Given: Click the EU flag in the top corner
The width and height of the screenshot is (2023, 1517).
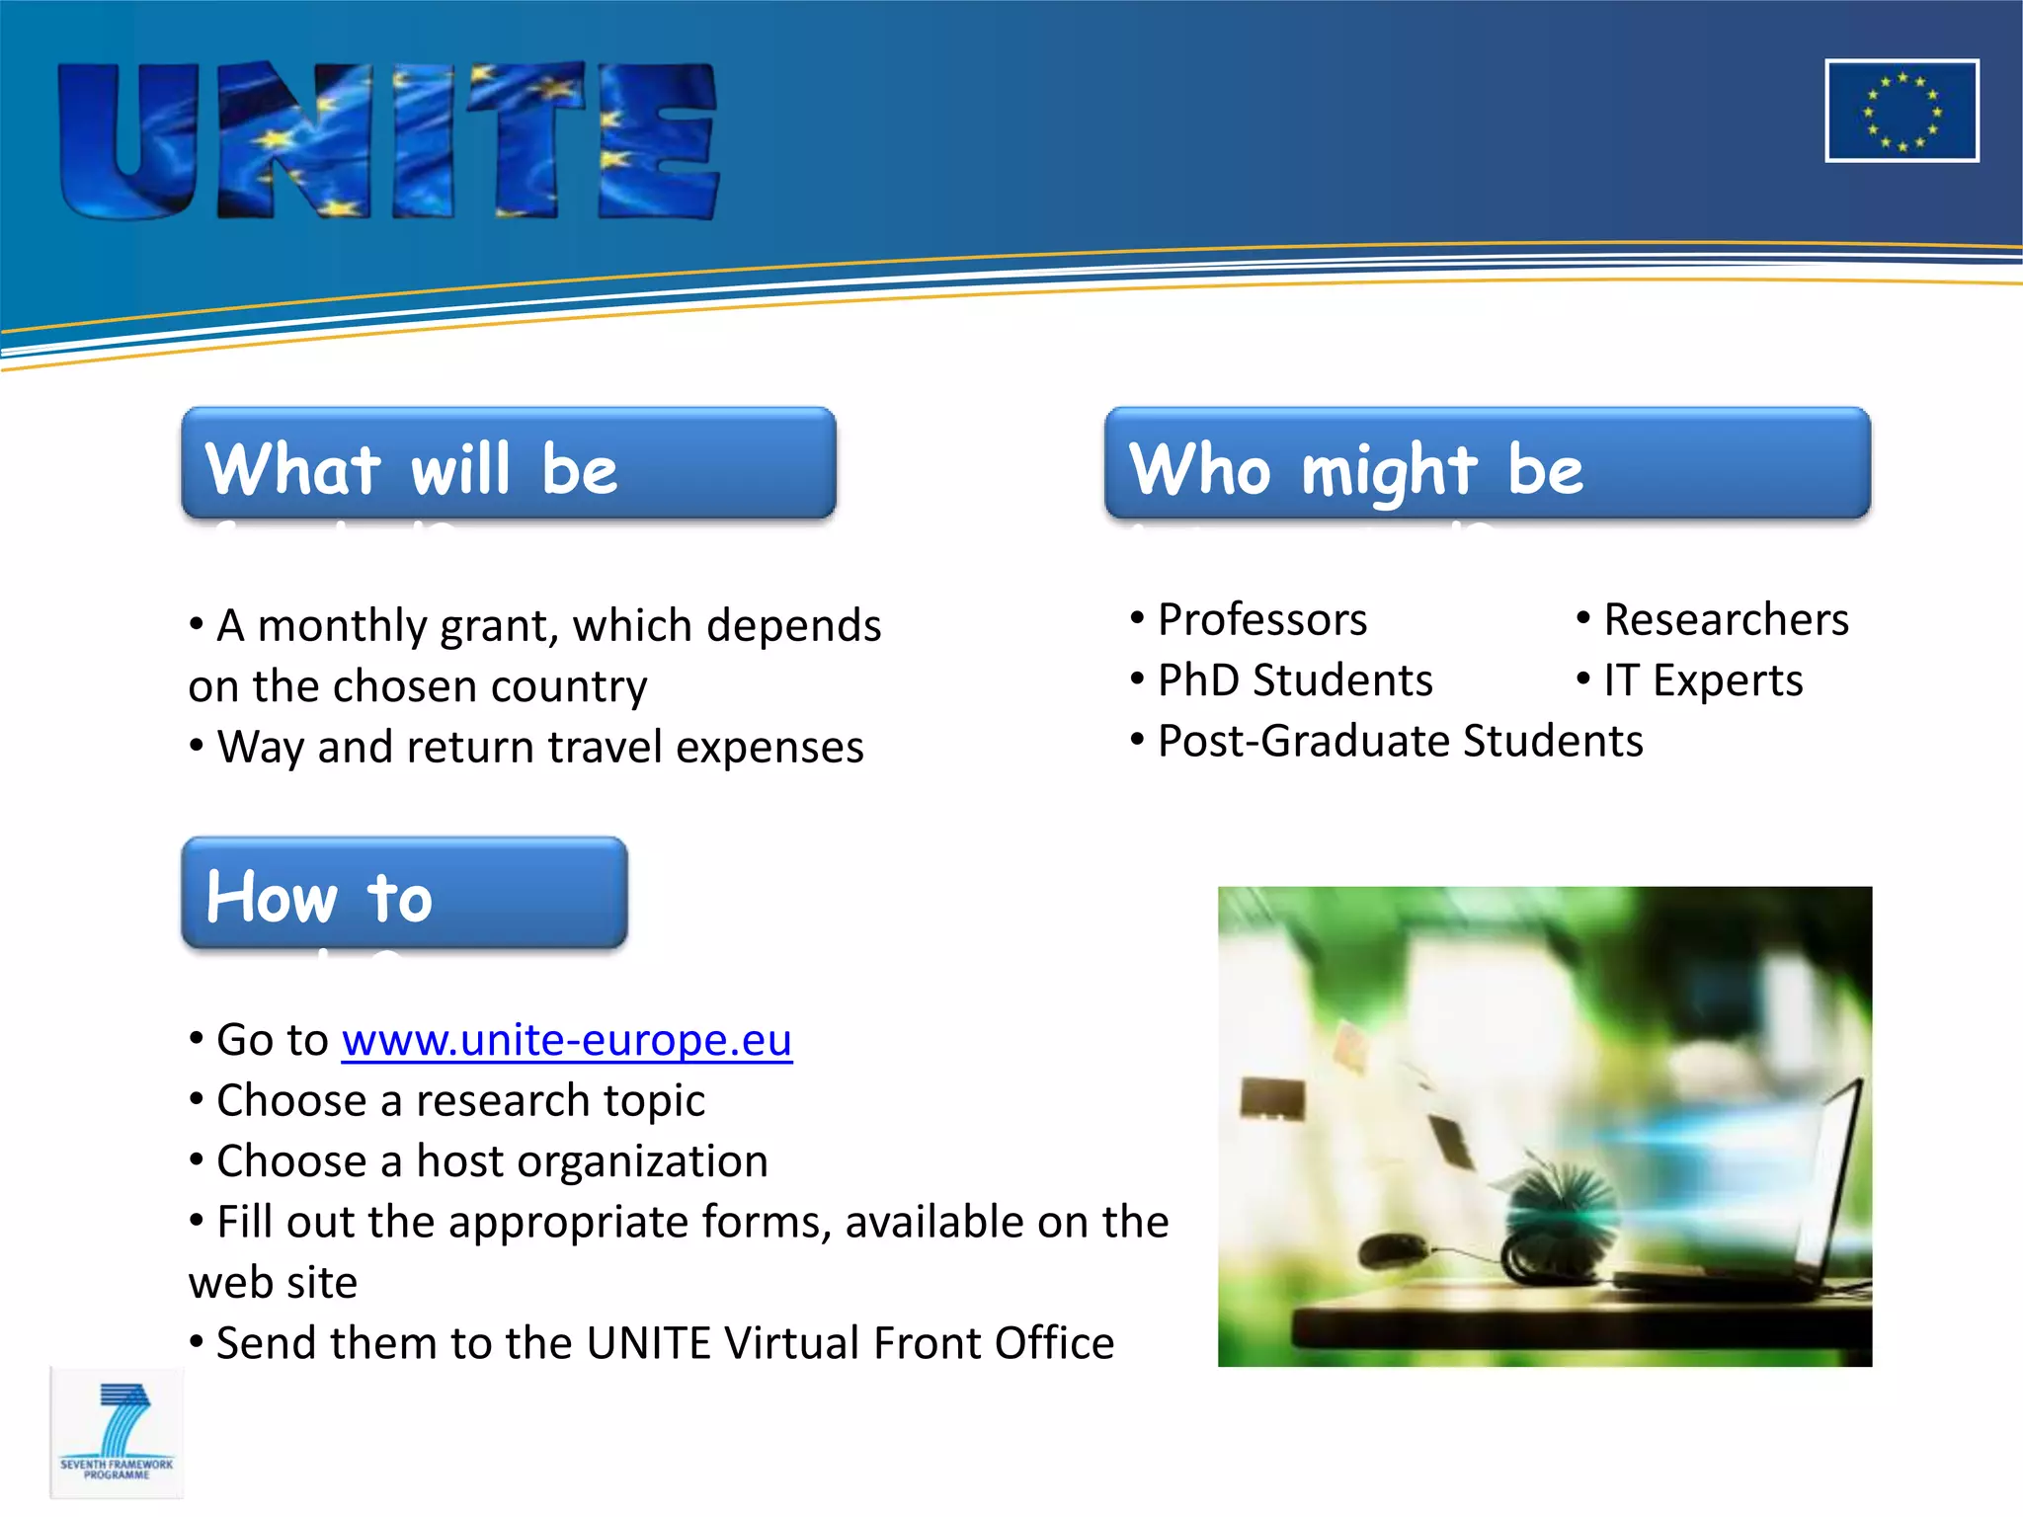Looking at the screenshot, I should click(x=1901, y=111).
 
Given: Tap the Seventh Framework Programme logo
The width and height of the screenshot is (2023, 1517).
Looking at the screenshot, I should click(x=117, y=1432).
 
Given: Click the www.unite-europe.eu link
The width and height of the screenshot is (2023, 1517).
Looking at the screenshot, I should click(x=566, y=1040).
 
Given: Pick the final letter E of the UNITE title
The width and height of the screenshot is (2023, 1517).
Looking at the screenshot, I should click(x=658, y=141).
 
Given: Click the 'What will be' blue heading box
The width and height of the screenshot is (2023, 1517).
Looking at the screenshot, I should click(x=509, y=463).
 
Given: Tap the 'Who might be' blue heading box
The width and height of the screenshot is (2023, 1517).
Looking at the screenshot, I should click(x=1487, y=463).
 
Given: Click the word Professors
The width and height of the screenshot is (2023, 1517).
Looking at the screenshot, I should click(x=1261, y=620).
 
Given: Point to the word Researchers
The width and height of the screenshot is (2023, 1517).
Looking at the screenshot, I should click(x=1725, y=620).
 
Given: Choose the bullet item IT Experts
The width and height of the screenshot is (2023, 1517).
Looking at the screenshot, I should click(x=1702, y=680).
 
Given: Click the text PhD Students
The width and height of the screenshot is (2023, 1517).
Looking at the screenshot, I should click(x=1294, y=680).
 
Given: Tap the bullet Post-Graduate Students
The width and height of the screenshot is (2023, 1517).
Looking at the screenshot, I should click(x=1399, y=741).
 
